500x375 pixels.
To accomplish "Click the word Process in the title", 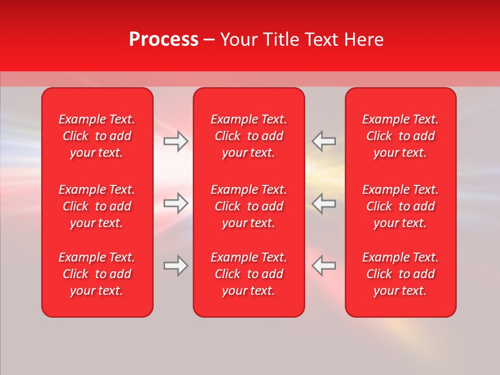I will pos(164,40).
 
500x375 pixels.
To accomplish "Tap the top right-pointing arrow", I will pos(176,141).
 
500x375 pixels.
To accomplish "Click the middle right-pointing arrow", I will pos(176,203).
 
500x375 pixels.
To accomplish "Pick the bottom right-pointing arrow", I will pos(176,266).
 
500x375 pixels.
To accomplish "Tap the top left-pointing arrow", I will pos(323,141).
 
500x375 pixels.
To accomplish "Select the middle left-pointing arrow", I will pos(323,203).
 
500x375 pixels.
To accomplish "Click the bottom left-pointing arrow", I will pos(323,266).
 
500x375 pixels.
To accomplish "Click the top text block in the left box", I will pos(97,136).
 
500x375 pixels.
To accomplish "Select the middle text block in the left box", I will pos(97,206).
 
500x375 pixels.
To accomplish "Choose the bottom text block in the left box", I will pos(97,274).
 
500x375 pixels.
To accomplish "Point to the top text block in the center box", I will pos(249,136).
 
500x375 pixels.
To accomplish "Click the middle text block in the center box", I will pos(249,206).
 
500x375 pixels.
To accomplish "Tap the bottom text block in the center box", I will pos(249,274).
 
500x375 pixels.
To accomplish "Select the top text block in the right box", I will pos(401,136).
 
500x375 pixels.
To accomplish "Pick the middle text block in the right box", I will pos(401,206).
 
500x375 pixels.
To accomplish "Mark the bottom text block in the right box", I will pos(401,274).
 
